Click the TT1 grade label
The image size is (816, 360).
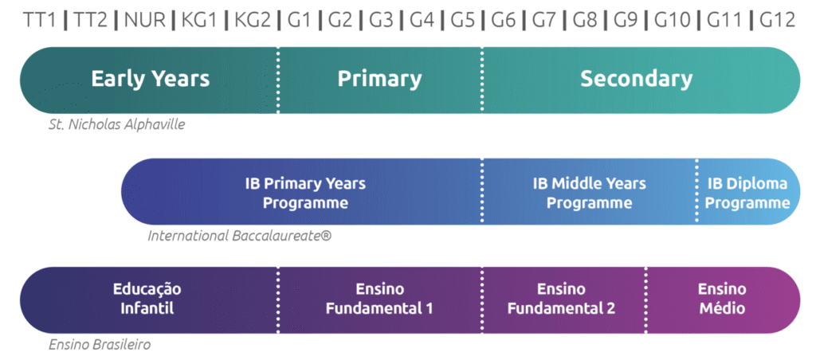(x=41, y=20)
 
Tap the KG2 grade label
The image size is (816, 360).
(x=251, y=20)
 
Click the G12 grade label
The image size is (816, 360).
(x=777, y=20)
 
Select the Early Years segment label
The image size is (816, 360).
(x=150, y=79)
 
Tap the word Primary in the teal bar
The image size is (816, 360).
(x=379, y=79)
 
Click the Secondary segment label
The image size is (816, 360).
(x=636, y=79)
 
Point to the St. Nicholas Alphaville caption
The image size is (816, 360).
(x=116, y=124)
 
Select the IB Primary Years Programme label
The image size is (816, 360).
(x=305, y=193)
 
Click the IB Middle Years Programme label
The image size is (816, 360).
(x=589, y=193)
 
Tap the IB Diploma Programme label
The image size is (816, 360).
(x=747, y=193)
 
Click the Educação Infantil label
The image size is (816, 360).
(x=147, y=299)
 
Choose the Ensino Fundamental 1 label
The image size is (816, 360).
(x=379, y=299)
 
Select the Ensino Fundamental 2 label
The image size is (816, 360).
(x=562, y=299)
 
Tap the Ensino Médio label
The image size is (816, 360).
(x=722, y=299)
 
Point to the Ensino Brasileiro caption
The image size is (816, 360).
(x=100, y=345)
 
